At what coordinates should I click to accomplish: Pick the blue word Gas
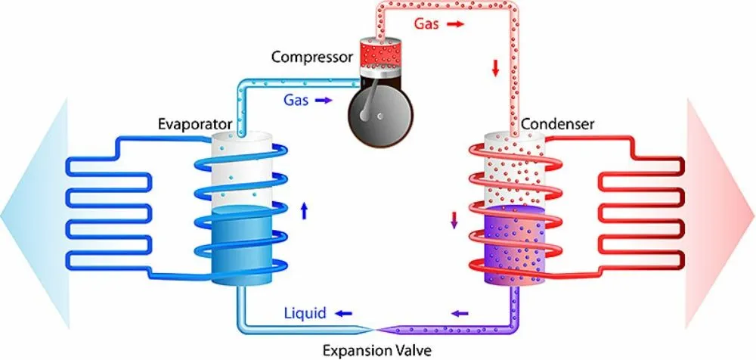pyautogui.click(x=296, y=99)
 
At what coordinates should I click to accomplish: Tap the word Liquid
pyautogui.click(x=305, y=312)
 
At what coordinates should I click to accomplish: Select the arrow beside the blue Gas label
pyautogui.click(x=324, y=99)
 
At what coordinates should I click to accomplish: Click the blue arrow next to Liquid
pyautogui.click(x=343, y=312)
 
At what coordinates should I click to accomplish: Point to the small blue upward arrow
pyautogui.click(x=304, y=211)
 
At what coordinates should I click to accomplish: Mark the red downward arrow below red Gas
pyautogui.click(x=496, y=69)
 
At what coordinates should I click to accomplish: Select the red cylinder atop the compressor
pyautogui.click(x=376, y=53)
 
